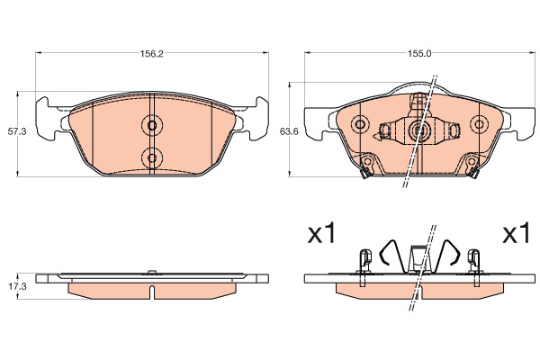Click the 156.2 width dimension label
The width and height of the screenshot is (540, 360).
[151, 54]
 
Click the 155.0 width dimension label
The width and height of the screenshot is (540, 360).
[419, 54]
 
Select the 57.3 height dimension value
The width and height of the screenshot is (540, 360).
[17, 131]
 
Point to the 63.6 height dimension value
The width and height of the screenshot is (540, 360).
[289, 131]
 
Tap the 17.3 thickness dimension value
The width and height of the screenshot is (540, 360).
[17, 286]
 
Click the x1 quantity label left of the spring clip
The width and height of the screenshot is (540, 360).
[321, 233]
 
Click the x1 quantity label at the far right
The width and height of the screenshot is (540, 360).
[516, 233]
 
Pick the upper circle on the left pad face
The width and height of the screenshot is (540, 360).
[152, 125]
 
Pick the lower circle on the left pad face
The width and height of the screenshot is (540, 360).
[152, 158]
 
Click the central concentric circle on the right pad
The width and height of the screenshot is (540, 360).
[419, 130]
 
